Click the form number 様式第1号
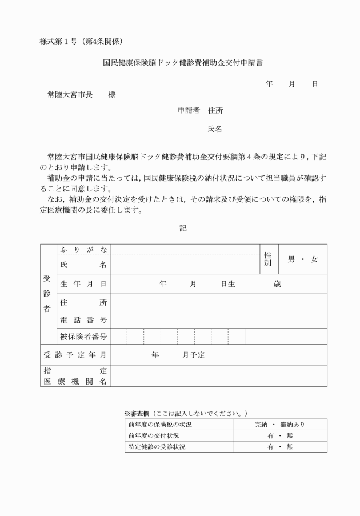click(x=60, y=41)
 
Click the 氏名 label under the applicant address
click(x=215, y=129)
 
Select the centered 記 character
click(x=183, y=228)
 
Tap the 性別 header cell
click(x=267, y=259)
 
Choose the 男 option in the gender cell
click(x=291, y=259)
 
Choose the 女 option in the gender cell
click(x=314, y=259)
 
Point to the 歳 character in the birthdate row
click(x=277, y=284)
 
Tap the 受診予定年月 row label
click(x=75, y=355)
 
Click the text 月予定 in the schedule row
click(x=194, y=355)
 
